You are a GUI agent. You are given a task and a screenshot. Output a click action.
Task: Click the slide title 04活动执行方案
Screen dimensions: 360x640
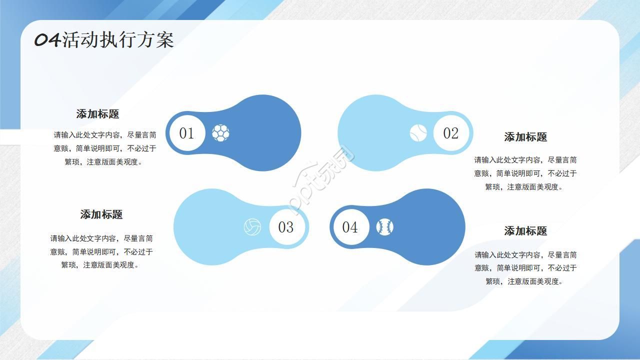coord(104,40)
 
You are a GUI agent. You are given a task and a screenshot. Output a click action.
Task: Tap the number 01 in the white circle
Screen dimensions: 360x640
coord(186,133)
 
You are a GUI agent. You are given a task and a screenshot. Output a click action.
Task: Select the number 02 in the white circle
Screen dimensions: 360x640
coord(450,133)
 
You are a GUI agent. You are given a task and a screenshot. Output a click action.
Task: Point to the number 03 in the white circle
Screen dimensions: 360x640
coord(285,227)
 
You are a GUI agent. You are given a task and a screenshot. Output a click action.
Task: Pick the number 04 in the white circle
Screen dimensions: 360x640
coord(350,227)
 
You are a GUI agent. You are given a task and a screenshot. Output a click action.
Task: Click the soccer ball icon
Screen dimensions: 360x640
coord(220,132)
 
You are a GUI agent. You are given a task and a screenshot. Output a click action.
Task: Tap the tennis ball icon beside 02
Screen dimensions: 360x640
coord(418,133)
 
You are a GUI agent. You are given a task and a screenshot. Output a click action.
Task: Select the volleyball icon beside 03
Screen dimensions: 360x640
coord(252,227)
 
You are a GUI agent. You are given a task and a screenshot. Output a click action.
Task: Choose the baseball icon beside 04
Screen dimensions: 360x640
coord(384,227)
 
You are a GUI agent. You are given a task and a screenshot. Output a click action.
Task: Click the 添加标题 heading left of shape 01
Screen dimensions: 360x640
coord(97,114)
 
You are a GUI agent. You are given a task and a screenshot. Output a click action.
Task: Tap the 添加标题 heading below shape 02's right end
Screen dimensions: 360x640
coord(525,137)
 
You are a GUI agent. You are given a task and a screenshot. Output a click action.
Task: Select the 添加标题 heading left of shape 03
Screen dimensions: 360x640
coord(101,214)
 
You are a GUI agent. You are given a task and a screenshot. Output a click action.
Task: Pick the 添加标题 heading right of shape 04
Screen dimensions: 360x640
coord(525,231)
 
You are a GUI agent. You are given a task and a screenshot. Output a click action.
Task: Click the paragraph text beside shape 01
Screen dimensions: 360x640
coord(105,148)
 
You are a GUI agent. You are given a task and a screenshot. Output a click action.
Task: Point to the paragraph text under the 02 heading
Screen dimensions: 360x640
coord(525,173)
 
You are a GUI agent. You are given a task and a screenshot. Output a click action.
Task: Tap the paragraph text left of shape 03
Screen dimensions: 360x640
coord(101,251)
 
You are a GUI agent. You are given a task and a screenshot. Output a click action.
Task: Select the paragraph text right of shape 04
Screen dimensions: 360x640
coord(525,268)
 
